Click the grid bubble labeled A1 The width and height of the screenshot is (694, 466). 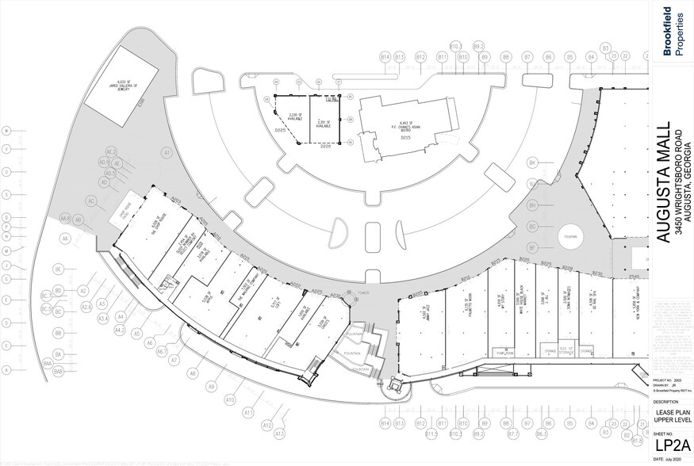tap(167, 151)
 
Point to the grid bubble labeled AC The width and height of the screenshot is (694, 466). tap(91, 201)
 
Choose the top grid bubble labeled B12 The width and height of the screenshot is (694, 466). tap(421, 58)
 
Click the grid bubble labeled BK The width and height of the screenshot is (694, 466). tap(533, 163)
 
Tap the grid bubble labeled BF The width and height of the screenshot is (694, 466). tap(533, 249)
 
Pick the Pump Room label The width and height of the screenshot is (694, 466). tap(500, 354)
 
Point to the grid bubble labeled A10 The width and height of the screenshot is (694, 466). tap(230, 400)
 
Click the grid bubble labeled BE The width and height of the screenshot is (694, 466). tap(59, 269)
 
